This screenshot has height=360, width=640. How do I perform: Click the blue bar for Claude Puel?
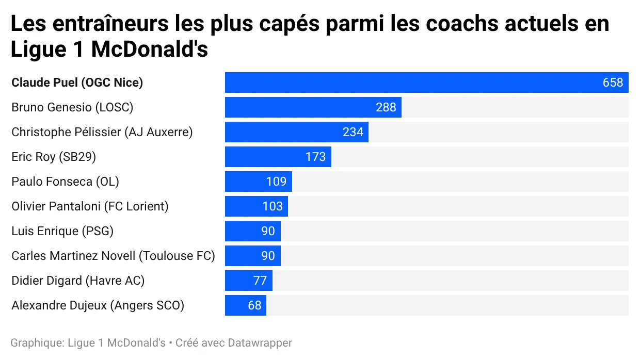pyautogui.click(x=413, y=83)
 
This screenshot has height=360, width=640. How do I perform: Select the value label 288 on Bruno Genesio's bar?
pyautogui.click(x=386, y=107)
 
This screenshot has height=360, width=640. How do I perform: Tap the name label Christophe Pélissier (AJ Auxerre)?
pyautogui.click(x=102, y=132)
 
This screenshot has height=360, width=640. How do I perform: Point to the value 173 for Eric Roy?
pyautogui.click(x=315, y=157)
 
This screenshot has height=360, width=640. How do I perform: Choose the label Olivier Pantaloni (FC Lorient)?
pyautogui.click(x=90, y=206)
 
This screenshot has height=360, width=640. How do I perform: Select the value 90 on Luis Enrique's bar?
pyautogui.click(x=268, y=231)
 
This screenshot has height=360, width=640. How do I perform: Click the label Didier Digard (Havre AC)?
pyautogui.click(x=78, y=281)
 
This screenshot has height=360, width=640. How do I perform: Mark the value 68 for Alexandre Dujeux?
pyautogui.click(x=254, y=305)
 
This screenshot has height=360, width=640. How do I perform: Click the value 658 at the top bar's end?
pyautogui.click(x=613, y=83)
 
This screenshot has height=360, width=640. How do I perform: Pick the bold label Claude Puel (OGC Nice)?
pyautogui.click(x=77, y=83)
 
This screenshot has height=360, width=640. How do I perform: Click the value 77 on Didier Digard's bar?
pyautogui.click(x=260, y=281)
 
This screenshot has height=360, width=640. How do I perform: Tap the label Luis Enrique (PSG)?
pyautogui.click(x=62, y=231)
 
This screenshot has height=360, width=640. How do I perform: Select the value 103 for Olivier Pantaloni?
pyautogui.click(x=273, y=206)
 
